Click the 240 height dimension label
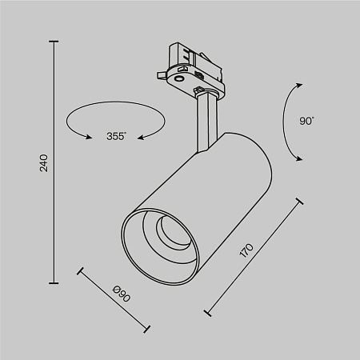tap(45, 162)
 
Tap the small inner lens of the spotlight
tap(170, 233)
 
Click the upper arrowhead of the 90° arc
tap(299, 84)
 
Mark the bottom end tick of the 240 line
tap(54, 282)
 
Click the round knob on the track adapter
tap(179, 78)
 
